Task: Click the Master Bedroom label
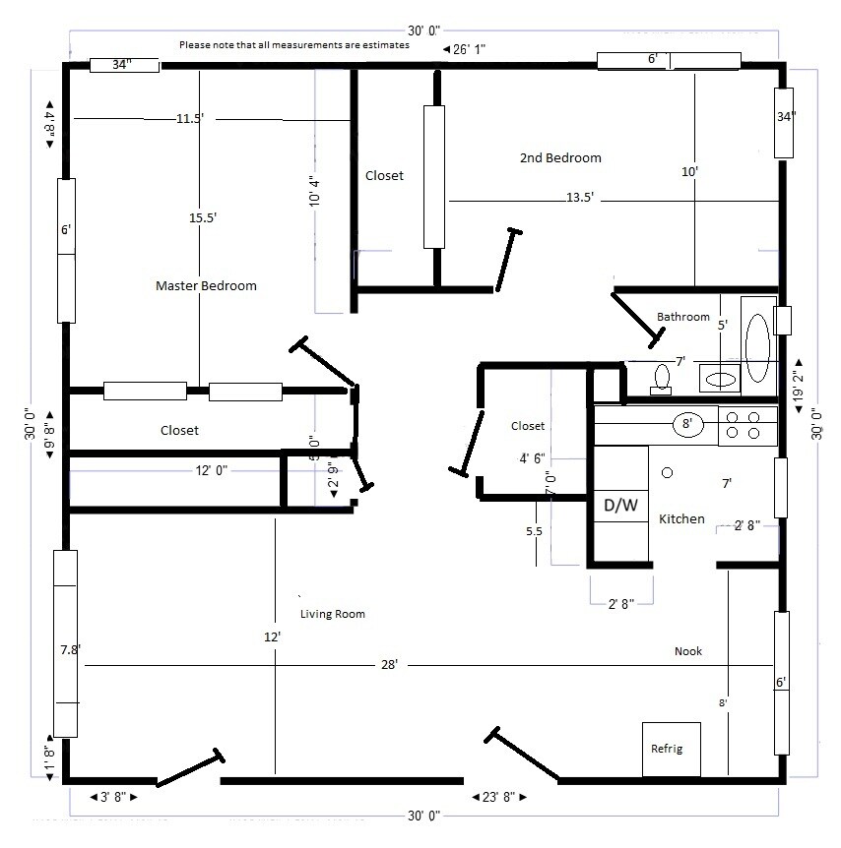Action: [x=206, y=286]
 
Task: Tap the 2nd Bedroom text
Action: [x=560, y=157]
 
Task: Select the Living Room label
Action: [x=333, y=614]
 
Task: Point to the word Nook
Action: [x=688, y=651]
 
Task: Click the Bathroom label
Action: [x=683, y=317]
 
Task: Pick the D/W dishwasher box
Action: [x=620, y=505]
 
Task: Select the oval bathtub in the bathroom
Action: [x=758, y=347]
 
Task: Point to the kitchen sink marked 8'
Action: [x=687, y=425]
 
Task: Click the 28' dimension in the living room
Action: [x=389, y=666]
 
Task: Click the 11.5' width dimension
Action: [x=190, y=119]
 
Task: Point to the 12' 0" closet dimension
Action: [x=212, y=471]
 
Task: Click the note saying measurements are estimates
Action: [x=294, y=45]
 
